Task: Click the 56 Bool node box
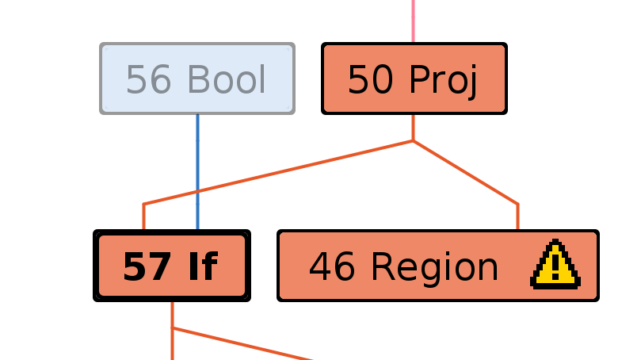pyautogui.click(x=197, y=79)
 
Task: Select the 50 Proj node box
pyautogui.click(x=414, y=79)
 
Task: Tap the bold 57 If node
pyautogui.click(x=172, y=266)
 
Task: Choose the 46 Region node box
pyautogui.click(x=437, y=266)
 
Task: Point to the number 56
pyautogui.click(x=149, y=80)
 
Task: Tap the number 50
pyautogui.click(x=371, y=80)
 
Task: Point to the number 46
pyautogui.click(x=332, y=267)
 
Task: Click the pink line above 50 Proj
pyautogui.click(x=413, y=20)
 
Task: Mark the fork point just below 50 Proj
pyautogui.click(x=413, y=141)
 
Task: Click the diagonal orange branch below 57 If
pyautogui.click(x=246, y=344)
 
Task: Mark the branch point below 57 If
pyautogui.click(x=172, y=327)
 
